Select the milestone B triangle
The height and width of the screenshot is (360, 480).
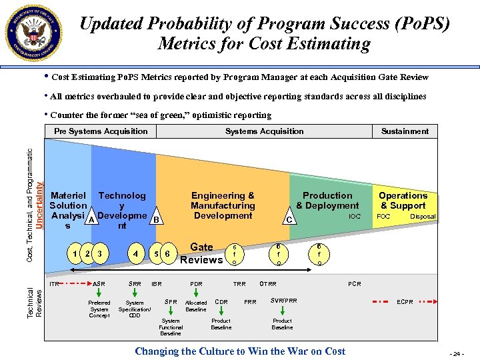[156, 220]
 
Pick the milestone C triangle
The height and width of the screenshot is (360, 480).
[289, 220]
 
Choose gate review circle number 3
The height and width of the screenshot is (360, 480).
[99, 253]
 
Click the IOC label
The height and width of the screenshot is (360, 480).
[354, 217]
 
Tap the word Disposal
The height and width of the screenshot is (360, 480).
[423, 217]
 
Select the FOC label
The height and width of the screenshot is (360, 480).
[384, 217]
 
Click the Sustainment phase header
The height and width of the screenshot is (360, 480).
[405, 131]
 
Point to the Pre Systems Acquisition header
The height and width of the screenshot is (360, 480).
[101, 131]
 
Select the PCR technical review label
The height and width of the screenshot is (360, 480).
[355, 284]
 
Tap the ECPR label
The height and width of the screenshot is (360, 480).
[405, 302]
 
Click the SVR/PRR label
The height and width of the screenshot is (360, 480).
[283, 301]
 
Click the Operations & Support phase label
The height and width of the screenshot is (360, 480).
[403, 201]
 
